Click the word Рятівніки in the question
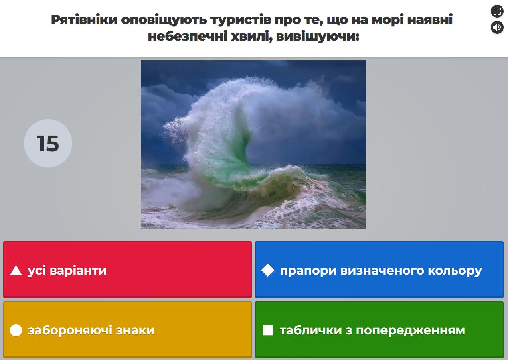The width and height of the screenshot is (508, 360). pyautogui.click(x=84, y=20)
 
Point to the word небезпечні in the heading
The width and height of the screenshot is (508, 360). pyautogui.click(x=187, y=36)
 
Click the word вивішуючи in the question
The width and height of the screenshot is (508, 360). pyautogui.click(x=318, y=37)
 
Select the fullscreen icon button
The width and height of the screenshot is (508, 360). pyautogui.click(x=497, y=11)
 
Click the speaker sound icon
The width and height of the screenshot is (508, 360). pyautogui.click(x=497, y=27)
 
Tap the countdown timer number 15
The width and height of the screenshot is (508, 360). pyautogui.click(x=48, y=143)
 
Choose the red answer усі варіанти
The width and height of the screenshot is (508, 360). pyautogui.click(x=128, y=270)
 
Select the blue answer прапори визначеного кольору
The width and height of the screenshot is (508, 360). pyautogui.click(x=379, y=270)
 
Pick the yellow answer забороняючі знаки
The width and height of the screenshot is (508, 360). pyautogui.click(x=128, y=330)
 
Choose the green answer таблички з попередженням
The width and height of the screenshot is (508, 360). pyautogui.click(x=379, y=330)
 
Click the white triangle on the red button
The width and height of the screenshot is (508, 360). pyautogui.click(x=16, y=271)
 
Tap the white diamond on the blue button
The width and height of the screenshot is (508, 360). pyautogui.click(x=268, y=270)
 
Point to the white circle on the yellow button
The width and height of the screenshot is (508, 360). pyautogui.click(x=16, y=330)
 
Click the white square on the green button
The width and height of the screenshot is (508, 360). pyautogui.click(x=268, y=330)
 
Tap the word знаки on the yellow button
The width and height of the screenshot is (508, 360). pyautogui.click(x=135, y=330)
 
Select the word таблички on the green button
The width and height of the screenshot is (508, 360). pyautogui.click(x=311, y=330)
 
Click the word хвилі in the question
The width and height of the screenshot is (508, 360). pyautogui.click(x=251, y=37)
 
